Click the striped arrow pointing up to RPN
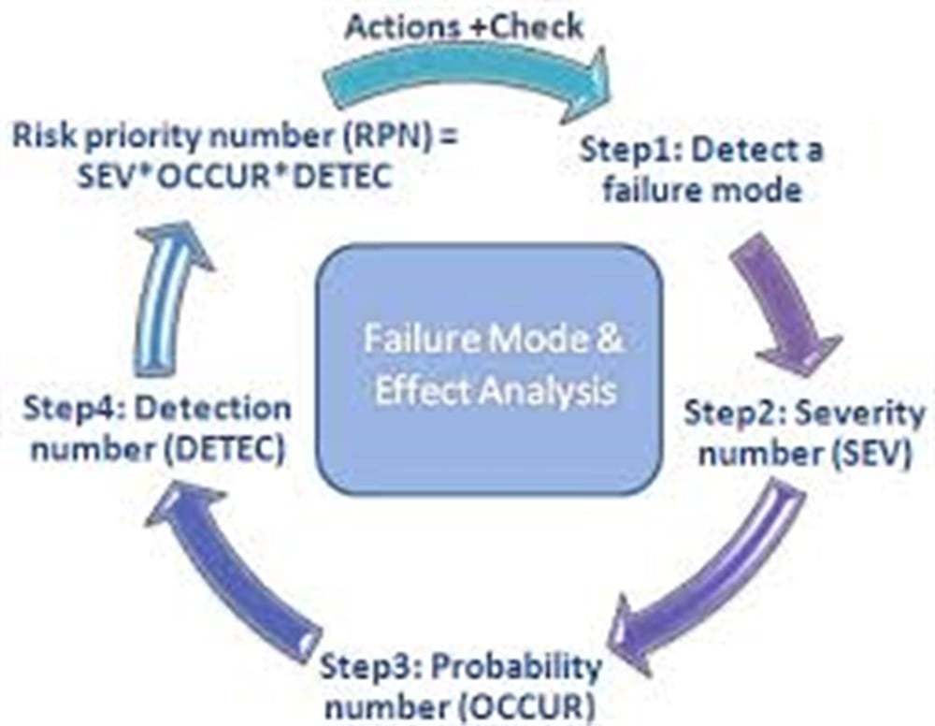click(164, 298)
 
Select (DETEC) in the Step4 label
click(223, 449)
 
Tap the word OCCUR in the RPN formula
click(220, 177)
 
